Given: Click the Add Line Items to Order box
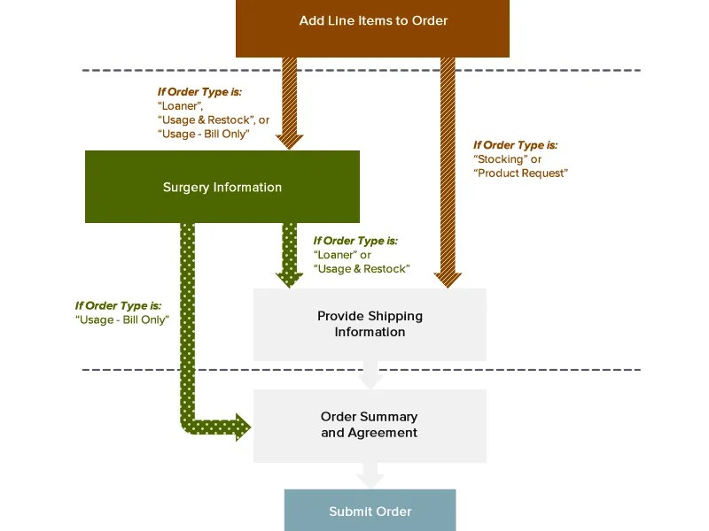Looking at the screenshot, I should pos(372,21).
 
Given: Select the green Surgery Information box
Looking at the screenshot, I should pos(222,187).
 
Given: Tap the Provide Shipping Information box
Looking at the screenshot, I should pos(370,324).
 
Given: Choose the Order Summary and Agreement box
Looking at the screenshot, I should pos(370,425).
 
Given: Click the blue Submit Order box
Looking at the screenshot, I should pos(370,511).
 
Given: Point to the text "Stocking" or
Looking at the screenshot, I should pos(508,159).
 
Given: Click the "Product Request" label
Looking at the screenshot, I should pos(521,173).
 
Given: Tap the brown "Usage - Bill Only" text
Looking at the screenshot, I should pos(203,134).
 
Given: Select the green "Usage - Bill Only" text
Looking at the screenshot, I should pos(122,319).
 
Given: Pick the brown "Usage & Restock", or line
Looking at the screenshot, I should pos(213,119).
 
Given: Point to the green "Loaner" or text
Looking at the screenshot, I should pos(343,255).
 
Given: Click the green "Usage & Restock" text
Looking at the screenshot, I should pos(362,268).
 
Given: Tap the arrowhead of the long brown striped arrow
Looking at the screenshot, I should pos(448,279).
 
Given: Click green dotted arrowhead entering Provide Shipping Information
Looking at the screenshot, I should pos(290,279).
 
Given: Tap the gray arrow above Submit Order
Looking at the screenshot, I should pos(370,477).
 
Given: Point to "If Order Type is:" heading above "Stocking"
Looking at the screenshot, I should pos(515,145).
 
